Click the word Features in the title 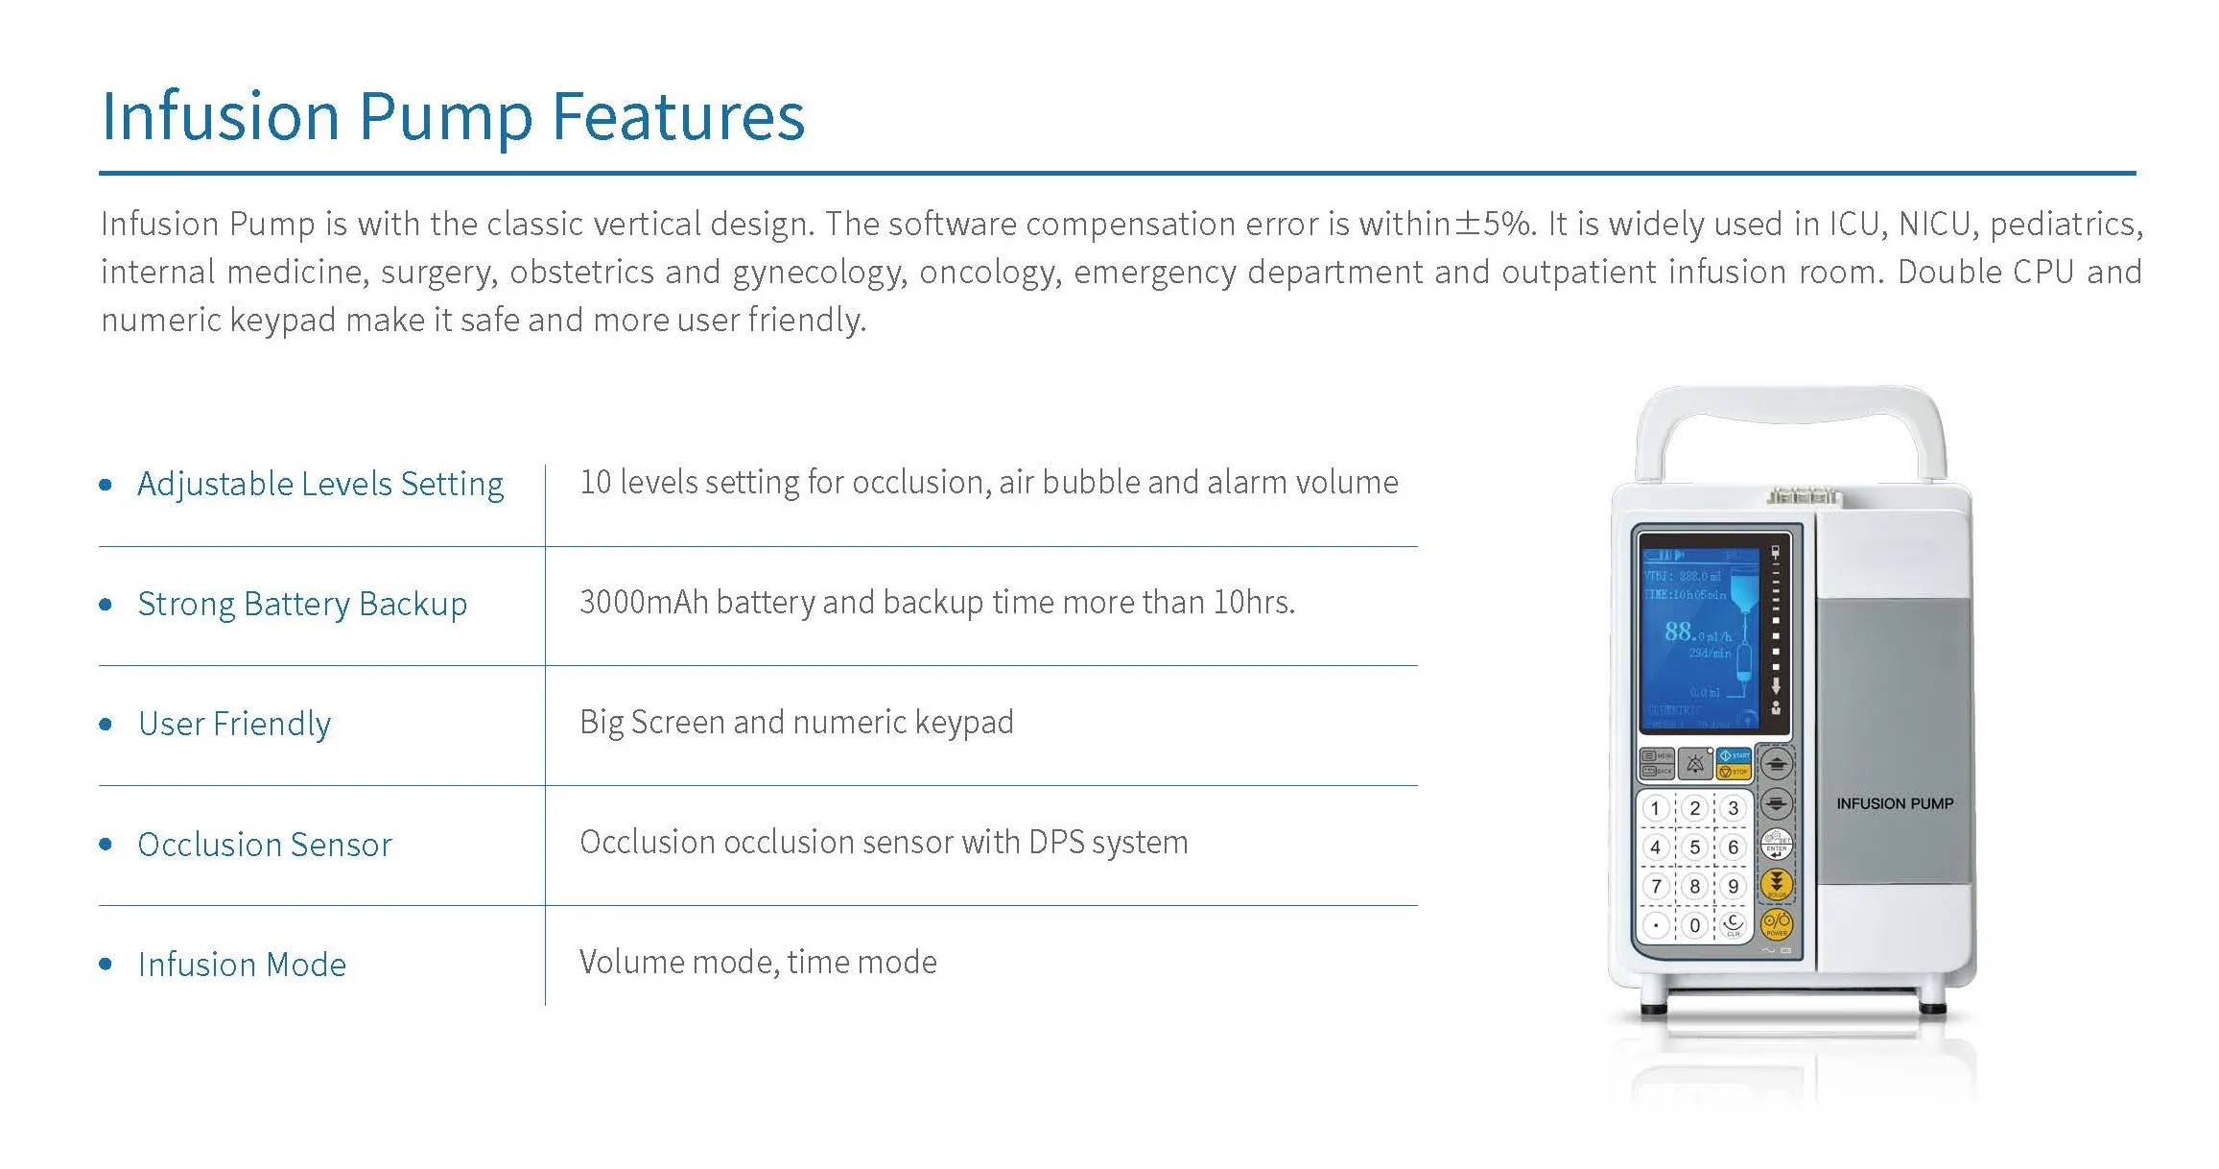[x=678, y=117]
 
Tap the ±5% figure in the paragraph [x=1494, y=224]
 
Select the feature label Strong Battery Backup [x=302, y=604]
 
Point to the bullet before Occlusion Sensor [x=106, y=844]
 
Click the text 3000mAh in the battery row [x=644, y=602]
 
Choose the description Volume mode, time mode [x=758, y=962]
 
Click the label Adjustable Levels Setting [x=320, y=484]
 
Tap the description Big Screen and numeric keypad [x=796, y=722]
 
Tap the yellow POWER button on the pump [x=1776, y=923]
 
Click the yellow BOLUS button [x=1776, y=884]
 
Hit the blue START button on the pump [x=1735, y=755]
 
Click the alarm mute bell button [x=1695, y=764]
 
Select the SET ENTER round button [x=1776, y=845]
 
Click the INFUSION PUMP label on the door [x=1894, y=803]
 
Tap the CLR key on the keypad [x=1734, y=924]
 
